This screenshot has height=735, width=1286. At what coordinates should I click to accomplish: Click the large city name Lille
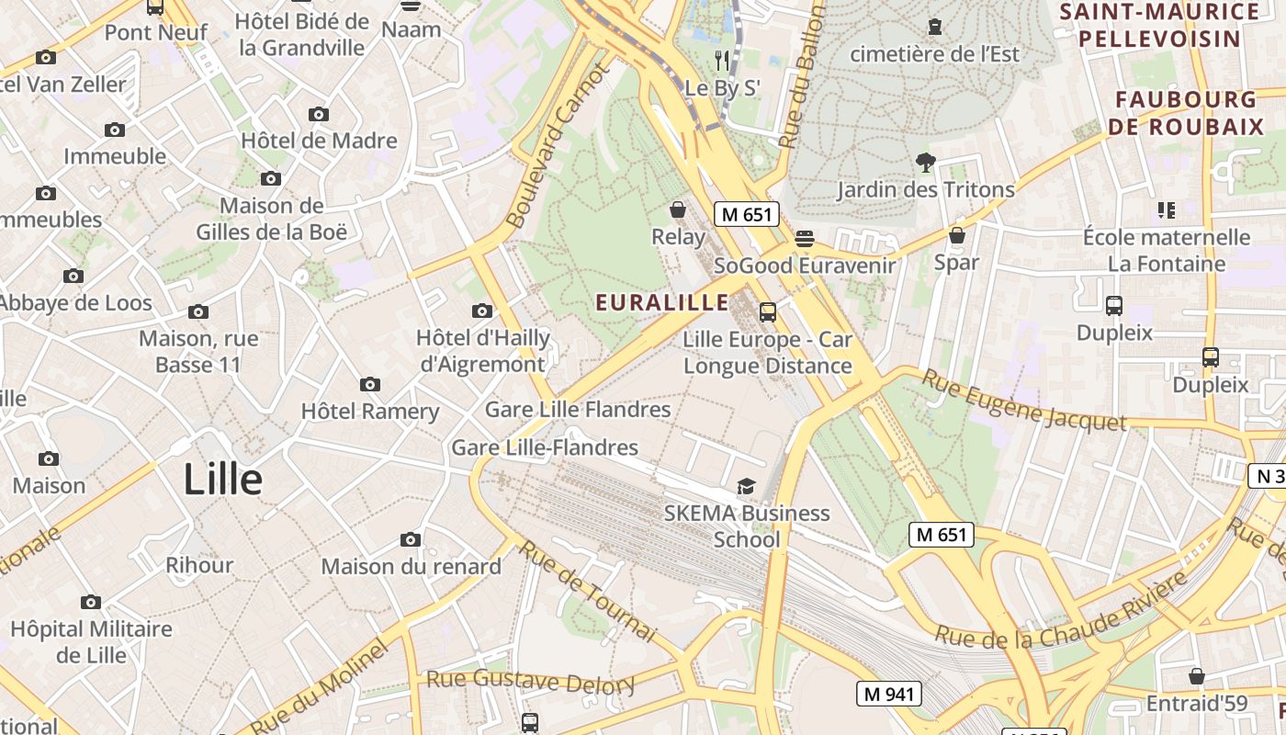tap(222, 480)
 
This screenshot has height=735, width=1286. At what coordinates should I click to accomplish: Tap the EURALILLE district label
tap(662, 302)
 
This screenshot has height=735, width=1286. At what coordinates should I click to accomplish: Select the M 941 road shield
tap(889, 694)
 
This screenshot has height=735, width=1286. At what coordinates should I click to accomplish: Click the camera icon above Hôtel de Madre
tap(319, 115)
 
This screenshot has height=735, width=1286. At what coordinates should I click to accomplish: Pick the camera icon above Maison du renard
tap(411, 539)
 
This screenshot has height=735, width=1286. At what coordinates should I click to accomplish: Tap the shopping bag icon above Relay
tap(678, 210)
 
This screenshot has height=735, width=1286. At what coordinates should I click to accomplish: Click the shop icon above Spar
tap(957, 235)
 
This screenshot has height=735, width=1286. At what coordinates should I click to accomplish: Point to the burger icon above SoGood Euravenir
tap(805, 239)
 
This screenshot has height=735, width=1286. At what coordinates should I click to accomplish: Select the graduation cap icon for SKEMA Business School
tap(746, 486)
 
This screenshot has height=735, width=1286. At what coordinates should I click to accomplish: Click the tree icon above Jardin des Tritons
tap(925, 163)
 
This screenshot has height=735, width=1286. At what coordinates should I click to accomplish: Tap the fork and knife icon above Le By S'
tap(722, 61)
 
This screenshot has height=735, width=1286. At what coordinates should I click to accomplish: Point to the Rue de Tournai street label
tap(589, 592)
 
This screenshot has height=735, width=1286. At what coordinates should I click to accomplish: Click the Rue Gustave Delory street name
tap(531, 682)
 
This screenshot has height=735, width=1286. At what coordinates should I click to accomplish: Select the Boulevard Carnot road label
tap(558, 145)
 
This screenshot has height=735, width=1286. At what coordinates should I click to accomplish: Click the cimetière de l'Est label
tap(934, 54)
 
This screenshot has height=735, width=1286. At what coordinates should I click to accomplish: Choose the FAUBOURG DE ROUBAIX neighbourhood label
tap(1186, 113)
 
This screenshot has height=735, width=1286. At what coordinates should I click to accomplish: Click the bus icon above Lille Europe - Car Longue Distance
tap(768, 312)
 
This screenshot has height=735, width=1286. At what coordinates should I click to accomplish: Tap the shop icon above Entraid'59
tap(1197, 677)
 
